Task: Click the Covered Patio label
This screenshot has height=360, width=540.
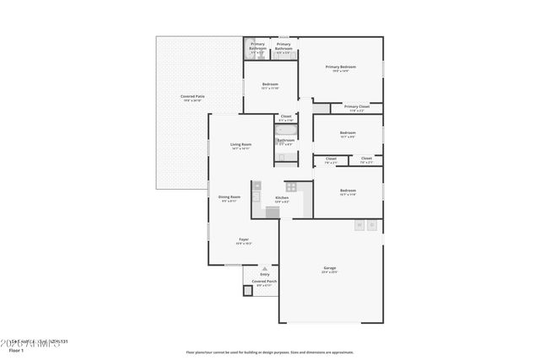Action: pyautogui.click(x=192, y=97)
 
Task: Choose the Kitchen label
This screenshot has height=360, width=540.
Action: pyautogui.click(x=282, y=198)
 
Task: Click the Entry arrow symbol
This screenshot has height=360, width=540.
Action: pyautogui.click(x=264, y=269)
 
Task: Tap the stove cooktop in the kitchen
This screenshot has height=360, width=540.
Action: pyautogui.click(x=291, y=186)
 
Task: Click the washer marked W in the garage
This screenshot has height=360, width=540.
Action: pyautogui.click(x=359, y=225)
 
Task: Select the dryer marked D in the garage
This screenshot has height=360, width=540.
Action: pyautogui.click(x=371, y=225)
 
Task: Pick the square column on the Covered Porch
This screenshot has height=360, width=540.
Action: pyautogui.click(x=248, y=291)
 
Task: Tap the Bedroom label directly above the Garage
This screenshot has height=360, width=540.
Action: pyautogui.click(x=348, y=191)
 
